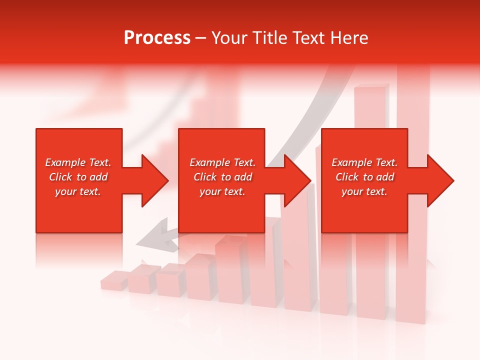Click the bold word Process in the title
[157, 38]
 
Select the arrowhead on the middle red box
[297, 180]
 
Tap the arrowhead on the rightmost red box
[439, 180]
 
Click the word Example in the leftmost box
[65, 162]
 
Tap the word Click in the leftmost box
[61, 177]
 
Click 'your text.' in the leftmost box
[78, 191]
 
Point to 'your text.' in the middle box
[222, 191]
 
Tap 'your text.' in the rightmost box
[364, 191]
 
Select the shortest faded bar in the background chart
[114, 280]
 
